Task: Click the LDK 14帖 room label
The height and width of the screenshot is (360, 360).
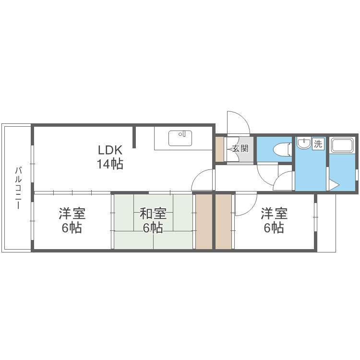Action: tap(110, 157)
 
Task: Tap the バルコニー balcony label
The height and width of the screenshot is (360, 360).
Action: tap(18, 188)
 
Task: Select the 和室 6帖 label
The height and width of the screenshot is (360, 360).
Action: tap(153, 220)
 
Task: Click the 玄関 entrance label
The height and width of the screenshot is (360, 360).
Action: tap(240, 148)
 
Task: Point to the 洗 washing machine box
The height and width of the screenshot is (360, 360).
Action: tap(318, 144)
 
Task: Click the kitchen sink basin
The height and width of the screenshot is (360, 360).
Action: tap(180, 138)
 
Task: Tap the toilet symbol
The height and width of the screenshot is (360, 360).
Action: tap(282, 149)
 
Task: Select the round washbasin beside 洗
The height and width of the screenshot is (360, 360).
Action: tap(303, 143)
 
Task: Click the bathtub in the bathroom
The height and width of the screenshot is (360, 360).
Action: tap(342, 145)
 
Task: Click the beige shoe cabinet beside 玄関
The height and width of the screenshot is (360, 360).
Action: tap(219, 149)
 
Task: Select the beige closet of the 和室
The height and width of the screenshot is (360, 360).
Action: tap(204, 222)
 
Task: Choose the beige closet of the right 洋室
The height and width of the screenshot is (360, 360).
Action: tap(223, 222)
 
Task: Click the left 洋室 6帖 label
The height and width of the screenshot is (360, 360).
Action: tap(72, 220)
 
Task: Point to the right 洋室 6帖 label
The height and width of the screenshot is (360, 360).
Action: tap(274, 220)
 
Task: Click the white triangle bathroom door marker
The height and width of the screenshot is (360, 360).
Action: tap(334, 185)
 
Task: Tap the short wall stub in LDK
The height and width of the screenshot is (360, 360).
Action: tap(134, 137)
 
